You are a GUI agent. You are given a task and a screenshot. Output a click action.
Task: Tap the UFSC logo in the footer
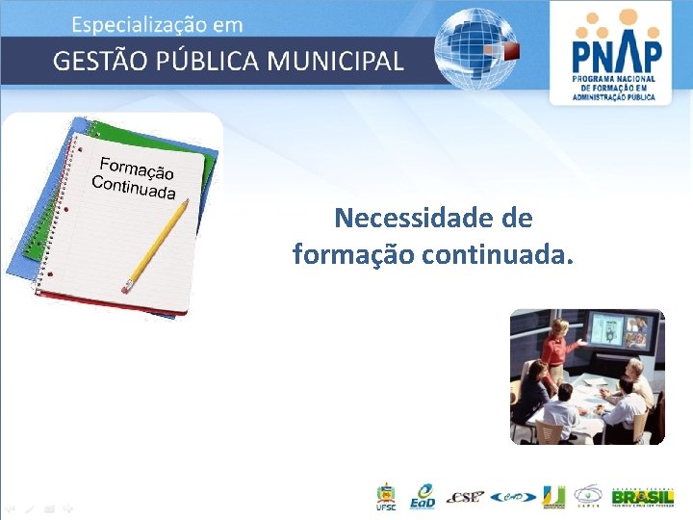click(x=385, y=497)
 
